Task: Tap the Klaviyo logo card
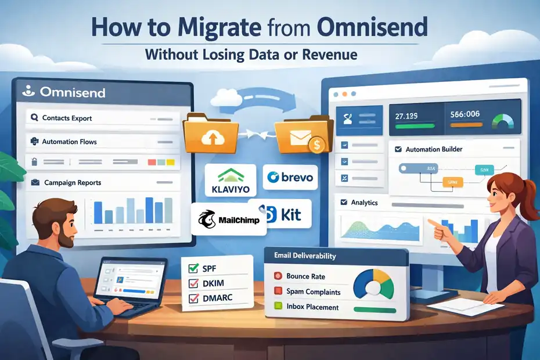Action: (231, 179)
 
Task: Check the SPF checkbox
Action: (194, 268)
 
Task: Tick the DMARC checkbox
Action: (194, 300)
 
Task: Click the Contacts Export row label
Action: (67, 118)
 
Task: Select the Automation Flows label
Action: (69, 142)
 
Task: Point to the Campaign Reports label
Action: (72, 182)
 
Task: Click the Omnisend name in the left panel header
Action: (73, 92)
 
